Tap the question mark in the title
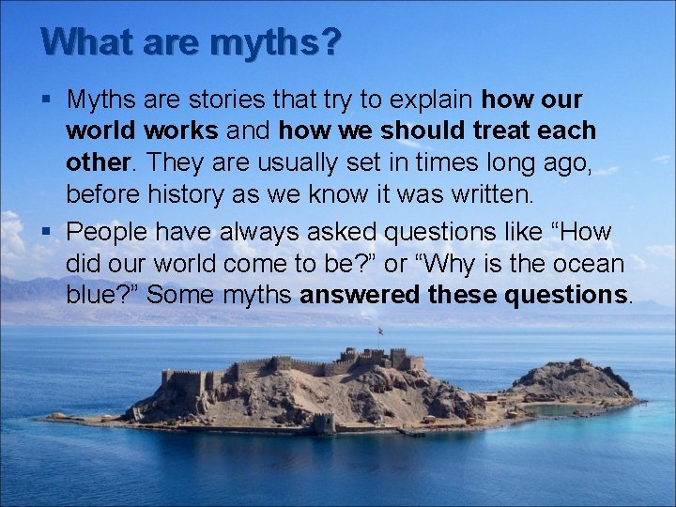[330, 41]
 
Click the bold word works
[178, 131]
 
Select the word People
[109, 231]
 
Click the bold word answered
[360, 295]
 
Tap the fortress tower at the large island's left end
[170, 379]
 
